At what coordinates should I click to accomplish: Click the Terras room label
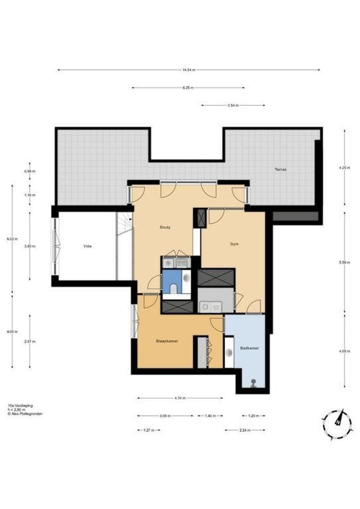[281, 169]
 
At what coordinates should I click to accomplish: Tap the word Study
[164, 227]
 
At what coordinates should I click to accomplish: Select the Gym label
[234, 244]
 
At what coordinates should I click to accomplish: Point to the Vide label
[87, 246]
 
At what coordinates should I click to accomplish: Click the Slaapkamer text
[167, 341]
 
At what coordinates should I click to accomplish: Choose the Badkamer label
[248, 349]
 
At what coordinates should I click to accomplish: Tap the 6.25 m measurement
[188, 88]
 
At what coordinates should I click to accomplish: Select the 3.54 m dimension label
[233, 105]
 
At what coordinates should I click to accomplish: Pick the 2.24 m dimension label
[245, 430]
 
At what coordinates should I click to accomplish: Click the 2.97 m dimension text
[30, 341]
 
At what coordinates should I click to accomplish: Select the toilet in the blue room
[173, 288]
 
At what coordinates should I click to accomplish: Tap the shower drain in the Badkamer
[254, 382]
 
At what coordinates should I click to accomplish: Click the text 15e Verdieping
[17, 405]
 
